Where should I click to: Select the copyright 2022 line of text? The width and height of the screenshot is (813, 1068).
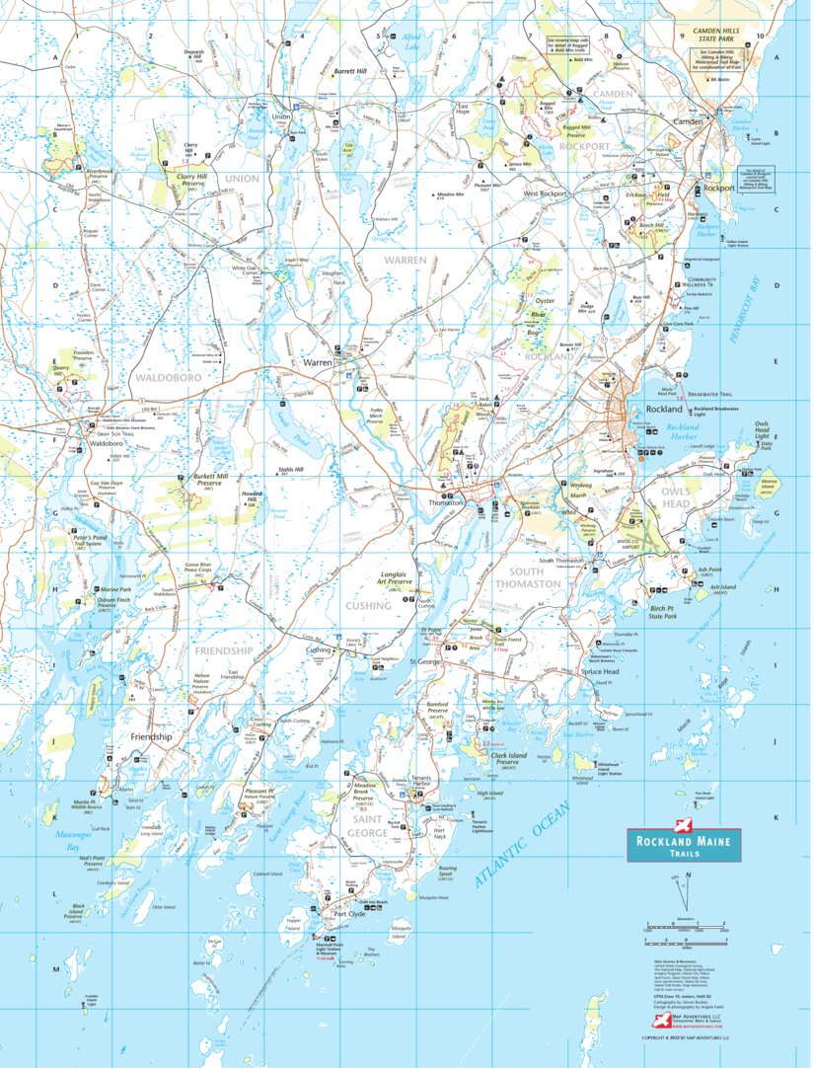pyautogui.click(x=686, y=1037)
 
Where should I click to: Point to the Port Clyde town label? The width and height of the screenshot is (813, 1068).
pyautogui.click(x=349, y=913)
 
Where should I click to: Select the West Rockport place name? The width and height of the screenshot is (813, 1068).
pyautogui.click(x=546, y=193)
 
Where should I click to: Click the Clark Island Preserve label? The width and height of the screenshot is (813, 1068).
pyautogui.click(x=512, y=759)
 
